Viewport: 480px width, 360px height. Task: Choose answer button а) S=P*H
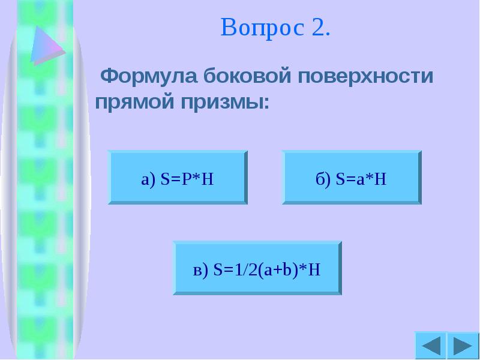pos(178,178)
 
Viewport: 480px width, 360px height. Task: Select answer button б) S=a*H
pos(352,178)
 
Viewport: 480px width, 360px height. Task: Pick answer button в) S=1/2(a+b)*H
pos(257,268)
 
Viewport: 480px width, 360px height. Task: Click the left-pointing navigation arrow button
pos(430,346)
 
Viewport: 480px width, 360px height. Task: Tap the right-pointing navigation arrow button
pos(462,346)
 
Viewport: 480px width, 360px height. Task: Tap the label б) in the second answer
pos(323,178)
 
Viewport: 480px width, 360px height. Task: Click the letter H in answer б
pos(380,178)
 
